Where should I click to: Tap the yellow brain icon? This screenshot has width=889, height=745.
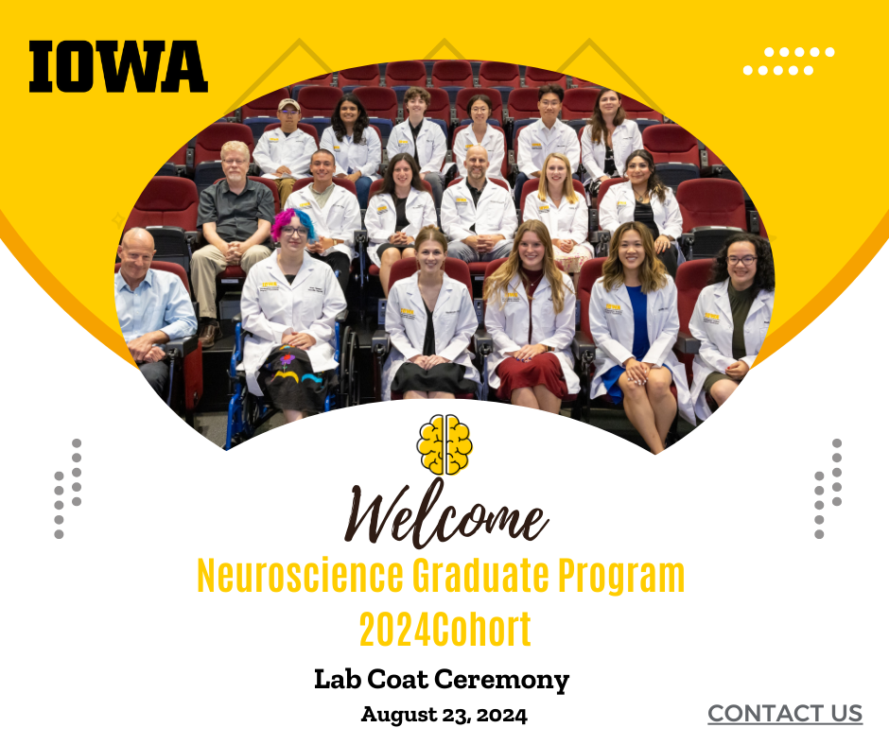[x=444, y=443]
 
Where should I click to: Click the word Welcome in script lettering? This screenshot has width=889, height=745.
[x=444, y=515]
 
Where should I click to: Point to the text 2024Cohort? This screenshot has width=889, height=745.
[x=444, y=629]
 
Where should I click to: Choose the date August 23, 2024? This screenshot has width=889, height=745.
[x=444, y=715]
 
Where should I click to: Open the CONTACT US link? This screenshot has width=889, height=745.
[x=785, y=713]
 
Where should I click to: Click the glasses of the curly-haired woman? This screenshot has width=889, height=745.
[x=741, y=260]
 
